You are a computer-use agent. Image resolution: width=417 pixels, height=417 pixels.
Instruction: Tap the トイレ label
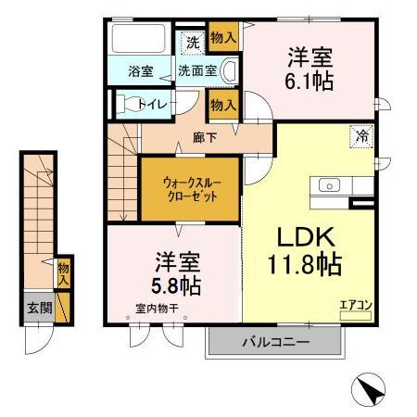[153, 104]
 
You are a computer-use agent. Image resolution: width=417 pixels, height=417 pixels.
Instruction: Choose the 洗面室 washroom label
[197, 70]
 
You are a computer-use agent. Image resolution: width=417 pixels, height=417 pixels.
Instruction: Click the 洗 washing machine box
[192, 42]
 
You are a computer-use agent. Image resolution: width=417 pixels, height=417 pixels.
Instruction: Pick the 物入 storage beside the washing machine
[221, 37]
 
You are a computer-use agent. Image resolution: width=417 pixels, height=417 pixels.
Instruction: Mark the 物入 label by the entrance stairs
[63, 272]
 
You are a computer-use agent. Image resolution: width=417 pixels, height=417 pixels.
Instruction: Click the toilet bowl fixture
[129, 103]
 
